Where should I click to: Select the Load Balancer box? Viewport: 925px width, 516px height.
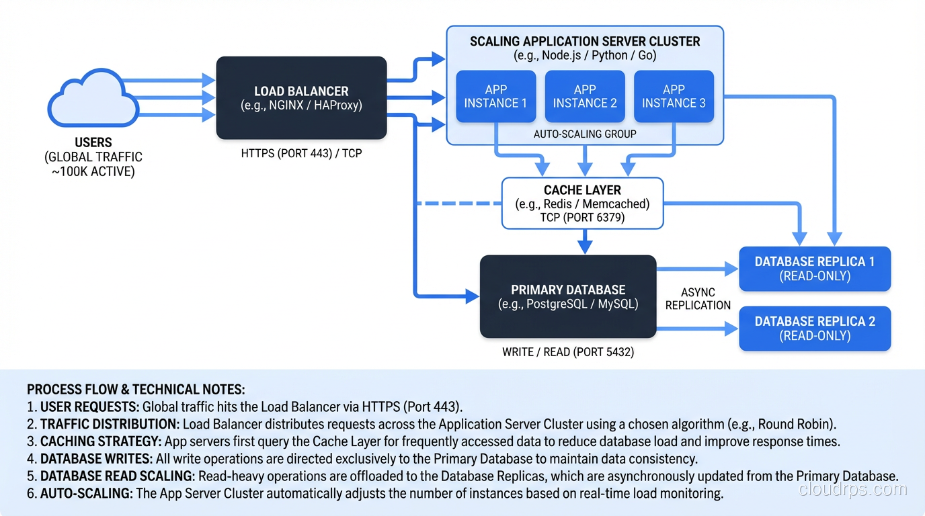[301, 98]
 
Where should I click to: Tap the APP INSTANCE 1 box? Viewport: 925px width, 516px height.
[496, 96]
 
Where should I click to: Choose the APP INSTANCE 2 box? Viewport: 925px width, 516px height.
[585, 96]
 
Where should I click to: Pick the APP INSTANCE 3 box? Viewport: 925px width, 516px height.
[674, 96]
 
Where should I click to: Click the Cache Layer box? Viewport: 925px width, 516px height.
[582, 203]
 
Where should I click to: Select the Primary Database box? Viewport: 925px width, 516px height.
[568, 296]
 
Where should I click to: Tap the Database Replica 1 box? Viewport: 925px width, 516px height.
[815, 269]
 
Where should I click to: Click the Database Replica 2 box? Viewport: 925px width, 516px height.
[815, 329]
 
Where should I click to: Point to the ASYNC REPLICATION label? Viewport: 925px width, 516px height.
[698, 299]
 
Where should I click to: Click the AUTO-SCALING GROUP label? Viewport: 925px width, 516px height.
[585, 134]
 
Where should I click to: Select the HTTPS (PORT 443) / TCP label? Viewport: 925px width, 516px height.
[301, 153]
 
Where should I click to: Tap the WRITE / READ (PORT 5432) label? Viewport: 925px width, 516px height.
[568, 352]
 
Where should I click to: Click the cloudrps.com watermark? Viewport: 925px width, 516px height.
[852, 489]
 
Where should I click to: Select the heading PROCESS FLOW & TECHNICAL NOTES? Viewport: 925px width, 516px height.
[136, 390]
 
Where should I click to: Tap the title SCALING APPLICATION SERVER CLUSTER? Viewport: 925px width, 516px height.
[585, 41]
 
